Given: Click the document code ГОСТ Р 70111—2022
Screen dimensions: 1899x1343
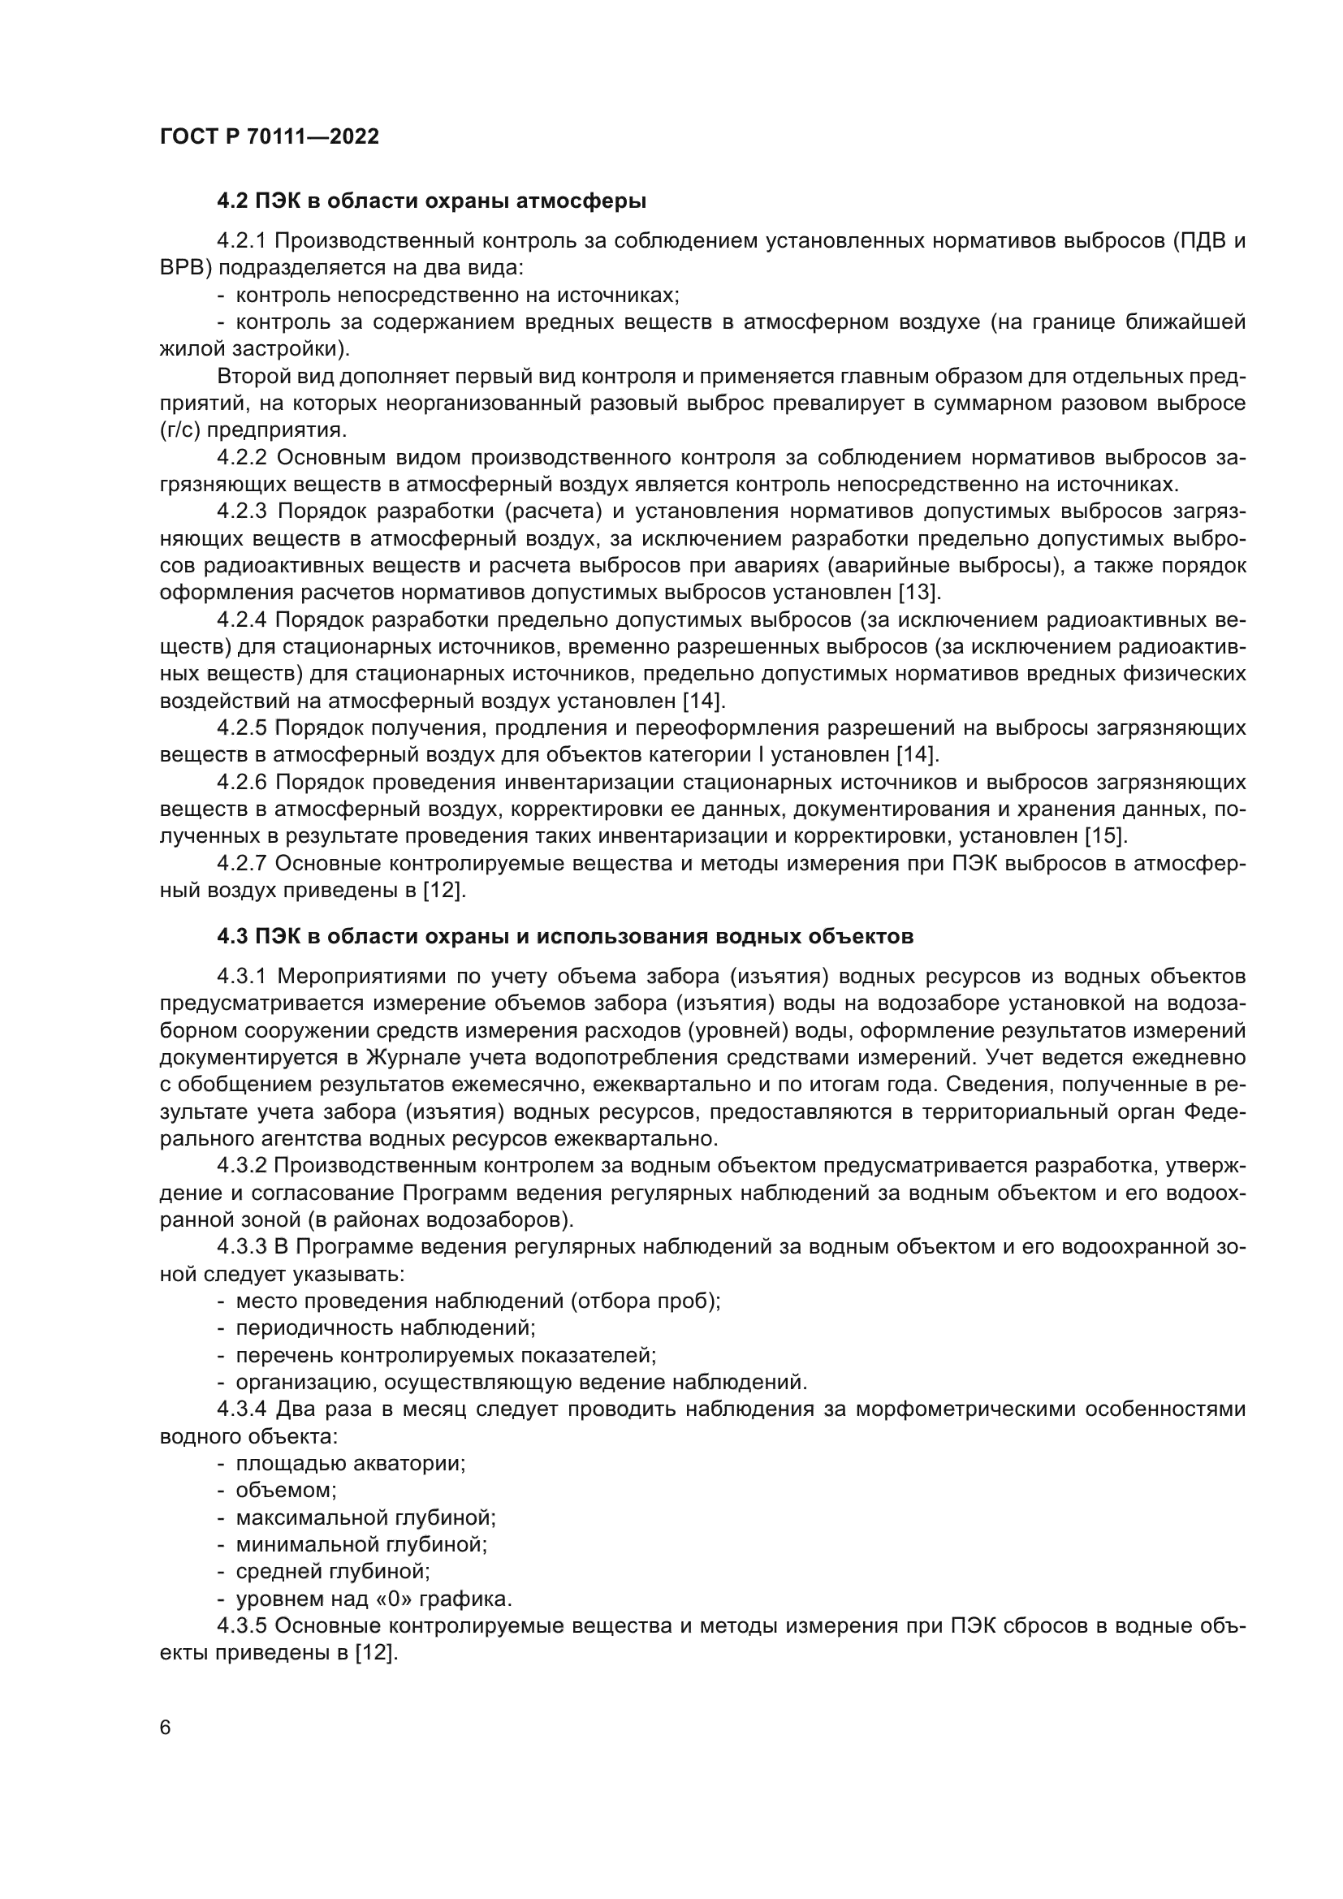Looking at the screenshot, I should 269,137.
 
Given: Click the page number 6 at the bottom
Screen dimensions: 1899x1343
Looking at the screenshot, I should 166,1728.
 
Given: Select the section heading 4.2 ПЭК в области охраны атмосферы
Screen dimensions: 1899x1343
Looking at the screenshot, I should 431,201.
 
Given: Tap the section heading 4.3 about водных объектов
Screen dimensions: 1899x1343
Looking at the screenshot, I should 565,936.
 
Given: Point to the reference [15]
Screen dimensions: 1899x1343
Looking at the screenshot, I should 1105,835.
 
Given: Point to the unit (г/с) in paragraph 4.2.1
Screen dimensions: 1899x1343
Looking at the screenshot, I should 179,430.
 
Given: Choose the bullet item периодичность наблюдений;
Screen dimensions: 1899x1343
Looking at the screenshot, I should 386,1327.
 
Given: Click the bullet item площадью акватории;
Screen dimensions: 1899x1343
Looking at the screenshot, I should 351,1462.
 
